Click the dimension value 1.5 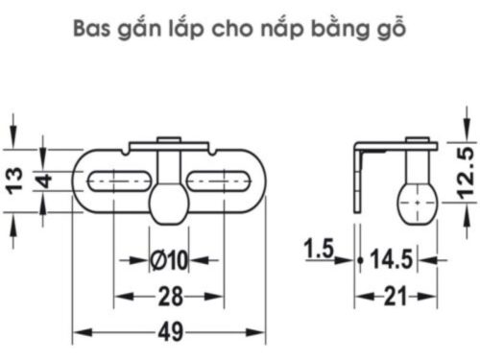tap(318, 252)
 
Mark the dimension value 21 tap(394, 296)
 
